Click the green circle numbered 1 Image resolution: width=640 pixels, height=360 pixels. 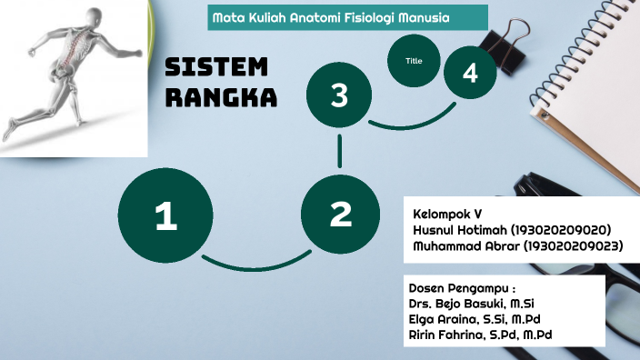click(x=165, y=216)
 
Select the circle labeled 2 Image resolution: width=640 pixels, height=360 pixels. click(x=340, y=215)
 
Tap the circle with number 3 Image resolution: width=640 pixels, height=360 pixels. click(x=339, y=95)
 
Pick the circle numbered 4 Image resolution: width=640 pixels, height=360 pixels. click(x=470, y=74)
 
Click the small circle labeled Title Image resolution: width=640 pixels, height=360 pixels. click(x=415, y=61)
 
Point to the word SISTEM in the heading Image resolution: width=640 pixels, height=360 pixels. click(x=217, y=67)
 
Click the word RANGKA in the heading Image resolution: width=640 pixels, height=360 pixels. click(x=221, y=97)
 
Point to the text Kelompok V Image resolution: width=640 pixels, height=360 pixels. click(x=447, y=213)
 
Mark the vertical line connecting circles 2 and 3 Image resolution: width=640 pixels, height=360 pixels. click(x=340, y=150)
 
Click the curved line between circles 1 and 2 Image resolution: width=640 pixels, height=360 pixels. click(x=255, y=264)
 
